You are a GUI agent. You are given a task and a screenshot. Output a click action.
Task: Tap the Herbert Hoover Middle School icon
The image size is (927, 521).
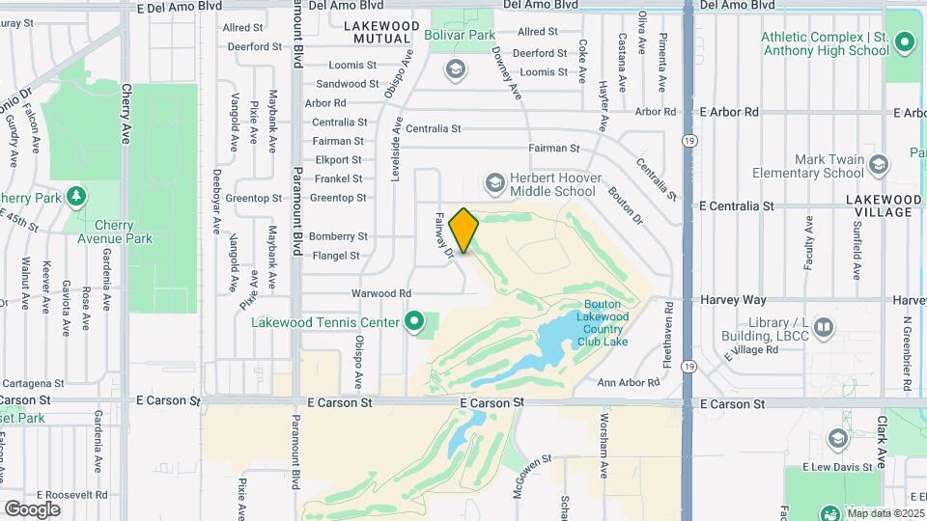tap(494, 182)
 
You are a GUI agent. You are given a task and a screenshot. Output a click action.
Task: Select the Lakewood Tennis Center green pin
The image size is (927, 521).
tap(415, 321)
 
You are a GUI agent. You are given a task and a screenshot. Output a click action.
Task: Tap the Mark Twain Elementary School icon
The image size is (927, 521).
tap(878, 166)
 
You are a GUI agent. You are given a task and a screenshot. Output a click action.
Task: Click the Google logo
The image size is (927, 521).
tap(32, 508)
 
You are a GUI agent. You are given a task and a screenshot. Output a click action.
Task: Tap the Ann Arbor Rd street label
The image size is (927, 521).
tap(628, 383)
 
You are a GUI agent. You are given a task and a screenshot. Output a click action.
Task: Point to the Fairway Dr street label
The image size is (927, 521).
tap(444, 237)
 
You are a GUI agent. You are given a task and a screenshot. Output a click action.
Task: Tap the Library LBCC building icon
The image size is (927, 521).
tap(823, 328)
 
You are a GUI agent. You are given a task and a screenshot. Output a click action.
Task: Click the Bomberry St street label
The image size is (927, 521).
tap(338, 236)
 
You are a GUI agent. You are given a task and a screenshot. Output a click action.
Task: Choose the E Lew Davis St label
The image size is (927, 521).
tap(838, 467)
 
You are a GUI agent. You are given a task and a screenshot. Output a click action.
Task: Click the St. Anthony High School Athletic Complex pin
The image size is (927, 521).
tap(905, 43)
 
